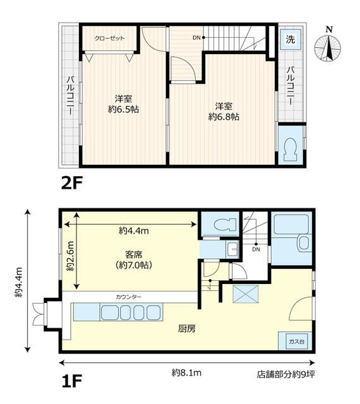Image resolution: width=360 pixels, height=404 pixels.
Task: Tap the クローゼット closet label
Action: [x=109, y=38]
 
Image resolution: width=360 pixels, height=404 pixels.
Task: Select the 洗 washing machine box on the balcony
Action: [x=290, y=39]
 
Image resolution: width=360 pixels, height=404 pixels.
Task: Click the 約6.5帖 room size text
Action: [x=124, y=109]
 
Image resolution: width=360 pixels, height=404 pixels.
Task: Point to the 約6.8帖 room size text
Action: [x=224, y=117]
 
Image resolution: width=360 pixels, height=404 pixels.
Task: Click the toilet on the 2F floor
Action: [x=291, y=150]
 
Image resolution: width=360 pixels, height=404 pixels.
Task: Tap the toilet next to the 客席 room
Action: [x=225, y=224]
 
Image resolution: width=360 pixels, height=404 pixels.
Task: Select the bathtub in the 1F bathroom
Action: [x=291, y=223]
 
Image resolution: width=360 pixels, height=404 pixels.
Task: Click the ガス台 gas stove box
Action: [x=296, y=342]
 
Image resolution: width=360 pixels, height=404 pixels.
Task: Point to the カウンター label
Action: [x=128, y=297]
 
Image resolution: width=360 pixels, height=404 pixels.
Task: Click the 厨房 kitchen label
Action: [x=187, y=328]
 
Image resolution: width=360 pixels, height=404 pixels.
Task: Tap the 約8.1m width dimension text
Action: [x=186, y=372]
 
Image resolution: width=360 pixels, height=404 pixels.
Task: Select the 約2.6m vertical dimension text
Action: [x=70, y=256]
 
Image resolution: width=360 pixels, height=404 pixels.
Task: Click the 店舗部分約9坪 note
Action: [x=285, y=374]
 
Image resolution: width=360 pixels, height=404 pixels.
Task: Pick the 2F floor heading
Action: [x=71, y=183]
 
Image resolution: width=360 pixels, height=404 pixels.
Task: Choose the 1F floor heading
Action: [x=71, y=381]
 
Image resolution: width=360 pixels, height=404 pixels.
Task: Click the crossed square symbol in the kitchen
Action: [x=246, y=294]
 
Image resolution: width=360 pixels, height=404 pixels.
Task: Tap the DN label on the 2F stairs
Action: [x=196, y=38]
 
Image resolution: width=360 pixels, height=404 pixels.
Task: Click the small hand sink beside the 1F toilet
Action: [x=233, y=249]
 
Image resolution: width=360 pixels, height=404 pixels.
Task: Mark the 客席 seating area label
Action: [x=134, y=255]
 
